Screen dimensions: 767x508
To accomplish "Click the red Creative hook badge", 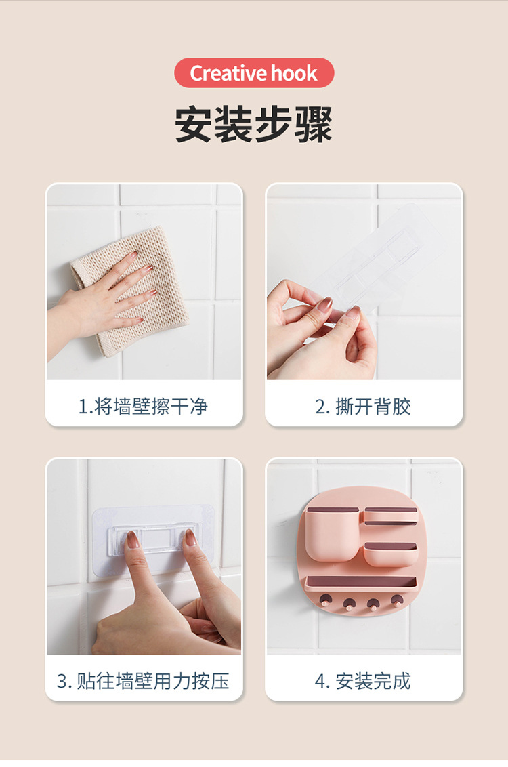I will pyautogui.click(x=254, y=72).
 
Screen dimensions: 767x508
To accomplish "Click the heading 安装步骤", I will pyautogui.click(x=254, y=125).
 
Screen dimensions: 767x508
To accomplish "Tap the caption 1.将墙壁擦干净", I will pyautogui.click(x=143, y=407).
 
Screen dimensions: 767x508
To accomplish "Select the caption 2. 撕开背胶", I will pyautogui.click(x=363, y=407).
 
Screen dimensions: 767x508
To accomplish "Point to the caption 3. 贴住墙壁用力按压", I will pyautogui.click(x=143, y=681).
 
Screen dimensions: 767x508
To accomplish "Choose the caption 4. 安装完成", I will pyautogui.click(x=363, y=681).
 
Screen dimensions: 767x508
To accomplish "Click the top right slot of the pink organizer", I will pyautogui.click(x=390, y=516).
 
